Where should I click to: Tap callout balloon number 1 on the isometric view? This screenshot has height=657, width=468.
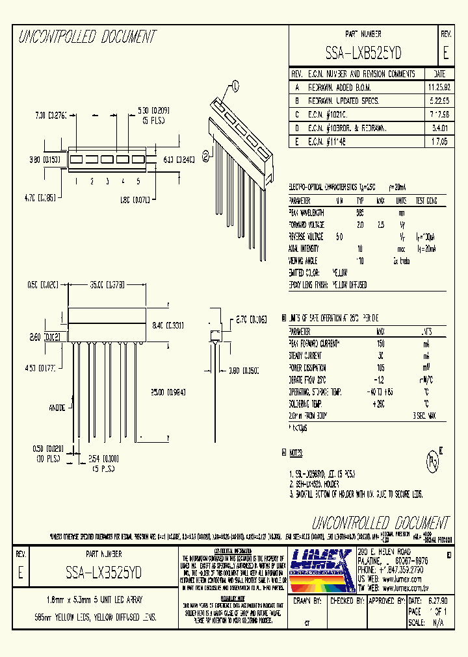point(235,84)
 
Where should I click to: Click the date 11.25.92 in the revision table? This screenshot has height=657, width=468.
point(439,86)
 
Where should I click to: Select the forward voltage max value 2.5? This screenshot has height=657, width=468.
point(382,224)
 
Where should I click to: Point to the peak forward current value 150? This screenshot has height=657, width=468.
point(381,343)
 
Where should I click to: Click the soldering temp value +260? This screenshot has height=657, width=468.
point(380,403)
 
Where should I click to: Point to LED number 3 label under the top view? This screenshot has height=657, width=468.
point(107,182)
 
